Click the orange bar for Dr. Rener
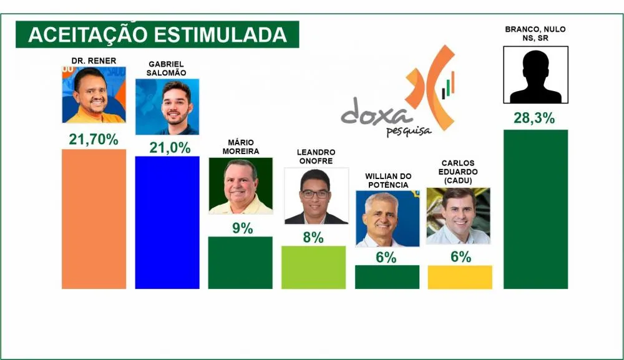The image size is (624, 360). point(94,219)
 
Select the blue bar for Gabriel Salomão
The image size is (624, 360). point(167,223)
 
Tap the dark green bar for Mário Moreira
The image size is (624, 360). point(240,263)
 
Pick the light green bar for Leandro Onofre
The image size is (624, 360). point(313,267)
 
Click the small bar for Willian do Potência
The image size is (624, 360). point(387,277)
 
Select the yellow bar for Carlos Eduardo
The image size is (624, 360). point(460,277)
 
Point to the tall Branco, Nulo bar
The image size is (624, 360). point(535,209)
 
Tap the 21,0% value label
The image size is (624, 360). point(167,147)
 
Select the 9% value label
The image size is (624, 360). point(242,228)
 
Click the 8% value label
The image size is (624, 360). point(314,238)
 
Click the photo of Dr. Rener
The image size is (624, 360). point(94,95)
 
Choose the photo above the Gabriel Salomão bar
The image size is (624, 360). point(167,107)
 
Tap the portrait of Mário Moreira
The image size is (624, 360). point(240,186)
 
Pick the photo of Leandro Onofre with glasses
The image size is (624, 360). point(316,196)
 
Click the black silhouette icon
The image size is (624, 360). point(535,75)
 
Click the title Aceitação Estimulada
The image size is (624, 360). point(157,34)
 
